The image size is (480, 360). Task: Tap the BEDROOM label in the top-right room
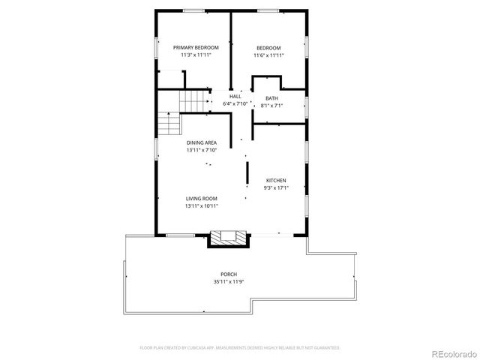(268, 47)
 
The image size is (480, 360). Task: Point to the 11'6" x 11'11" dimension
(268, 55)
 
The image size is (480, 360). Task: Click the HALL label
(235, 96)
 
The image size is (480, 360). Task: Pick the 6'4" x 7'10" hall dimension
(235, 103)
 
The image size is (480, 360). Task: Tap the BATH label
(271, 98)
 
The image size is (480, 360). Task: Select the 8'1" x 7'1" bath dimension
(271, 106)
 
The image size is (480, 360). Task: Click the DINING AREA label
(202, 142)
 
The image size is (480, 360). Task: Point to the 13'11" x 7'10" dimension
(202, 150)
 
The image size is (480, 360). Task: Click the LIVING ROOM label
(202, 198)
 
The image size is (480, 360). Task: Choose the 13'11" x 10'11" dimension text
(202, 205)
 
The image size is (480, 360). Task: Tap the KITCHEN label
(277, 181)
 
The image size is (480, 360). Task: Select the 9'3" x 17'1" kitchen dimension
(277, 188)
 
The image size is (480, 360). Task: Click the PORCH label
(229, 274)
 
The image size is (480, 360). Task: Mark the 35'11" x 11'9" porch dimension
(229, 282)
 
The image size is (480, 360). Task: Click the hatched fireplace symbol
(226, 238)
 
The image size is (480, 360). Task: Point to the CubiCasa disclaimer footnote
(240, 348)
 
